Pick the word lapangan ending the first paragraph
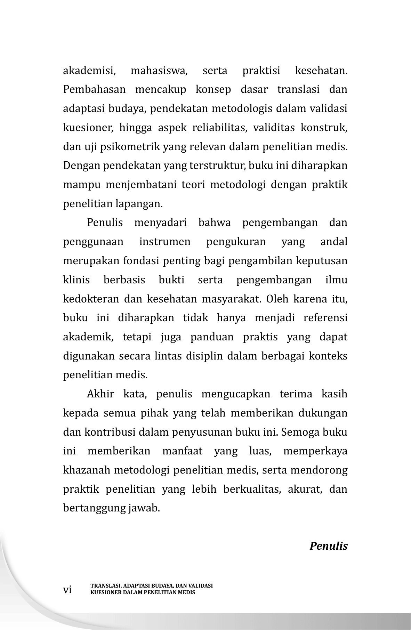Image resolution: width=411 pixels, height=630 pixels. [x=143, y=204]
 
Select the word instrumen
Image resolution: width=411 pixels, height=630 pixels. [x=165, y=242]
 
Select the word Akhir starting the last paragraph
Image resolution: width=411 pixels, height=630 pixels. [x=100, y=394]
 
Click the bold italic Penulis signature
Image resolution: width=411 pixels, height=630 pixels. [x=329, y=546]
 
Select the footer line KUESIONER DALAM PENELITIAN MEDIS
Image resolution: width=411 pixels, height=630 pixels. [x=143, y=592]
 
